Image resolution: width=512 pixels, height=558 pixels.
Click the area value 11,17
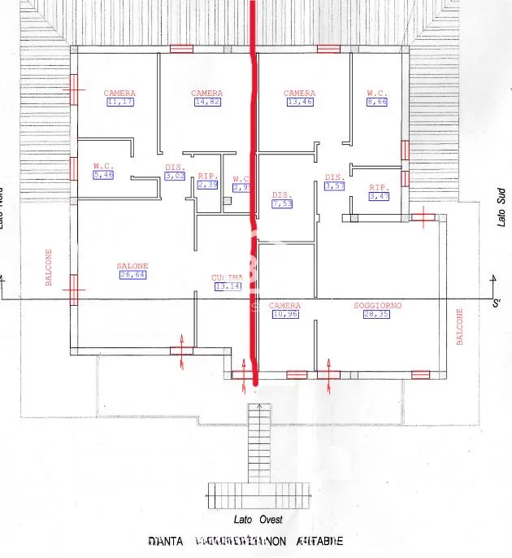click(119, 102)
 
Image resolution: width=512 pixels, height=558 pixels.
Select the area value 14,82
click(206, 102)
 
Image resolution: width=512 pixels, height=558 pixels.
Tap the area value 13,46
click(299, 102)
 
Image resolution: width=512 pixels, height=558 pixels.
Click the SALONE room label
click(132, 266)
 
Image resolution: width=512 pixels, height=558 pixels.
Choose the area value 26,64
click(132, 275)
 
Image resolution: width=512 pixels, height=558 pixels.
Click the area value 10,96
click(284, 315)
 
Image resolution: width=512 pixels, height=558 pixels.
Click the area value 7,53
click(282, 204)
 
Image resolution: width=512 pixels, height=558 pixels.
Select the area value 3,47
click(380, 196)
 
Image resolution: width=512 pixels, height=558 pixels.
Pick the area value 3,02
click(176, 175)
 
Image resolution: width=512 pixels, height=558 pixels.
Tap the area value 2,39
click(208, 185)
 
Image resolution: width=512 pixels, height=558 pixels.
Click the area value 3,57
click(335, 186)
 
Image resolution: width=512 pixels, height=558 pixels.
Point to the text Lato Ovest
click(255, 519)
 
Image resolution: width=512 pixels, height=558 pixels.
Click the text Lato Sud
click(501, 209)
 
